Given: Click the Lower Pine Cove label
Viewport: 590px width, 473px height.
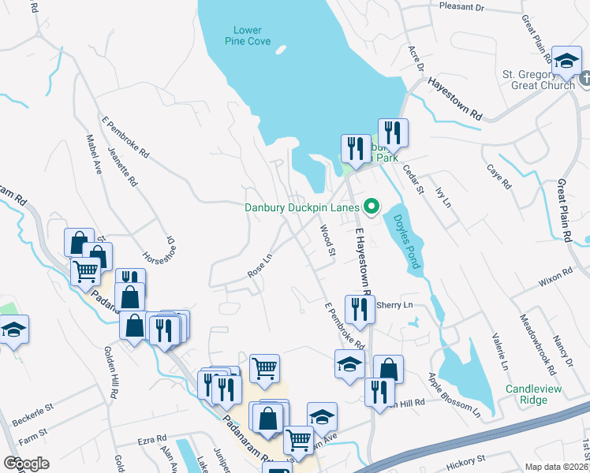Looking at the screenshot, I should (252, 35).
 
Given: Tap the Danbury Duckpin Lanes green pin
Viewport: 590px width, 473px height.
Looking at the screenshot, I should (370, 207).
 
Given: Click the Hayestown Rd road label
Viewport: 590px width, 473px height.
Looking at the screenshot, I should (454, 98).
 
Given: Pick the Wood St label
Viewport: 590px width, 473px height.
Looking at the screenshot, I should (327, 240).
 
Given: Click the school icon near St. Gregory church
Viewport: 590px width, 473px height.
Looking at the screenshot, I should (566, 61).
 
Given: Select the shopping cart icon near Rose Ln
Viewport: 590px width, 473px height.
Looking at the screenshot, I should (265, 367).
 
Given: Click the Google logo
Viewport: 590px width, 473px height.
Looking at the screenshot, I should (26, 464).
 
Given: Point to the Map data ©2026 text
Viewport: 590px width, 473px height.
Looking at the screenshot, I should (555, 466).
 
